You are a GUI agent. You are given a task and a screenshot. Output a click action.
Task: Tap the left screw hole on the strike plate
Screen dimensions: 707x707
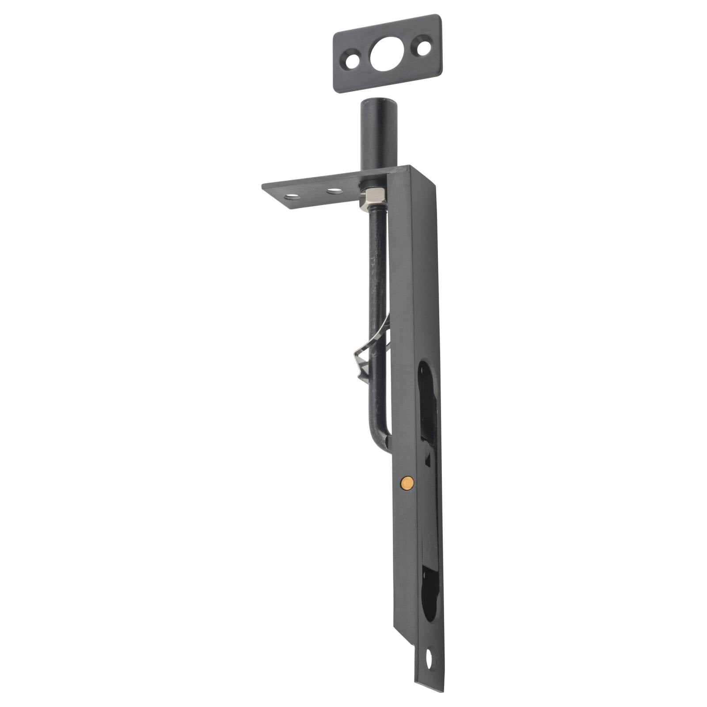click(352, 61)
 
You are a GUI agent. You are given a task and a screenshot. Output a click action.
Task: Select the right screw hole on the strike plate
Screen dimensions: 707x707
click(423, 48)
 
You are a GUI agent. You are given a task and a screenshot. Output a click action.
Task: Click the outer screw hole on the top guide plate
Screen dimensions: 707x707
click(290, 195)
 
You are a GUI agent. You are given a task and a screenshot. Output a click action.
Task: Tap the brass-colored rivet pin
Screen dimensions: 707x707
click(407, 483)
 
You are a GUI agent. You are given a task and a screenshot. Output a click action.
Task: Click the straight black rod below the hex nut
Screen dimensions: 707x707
click(376, 265)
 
